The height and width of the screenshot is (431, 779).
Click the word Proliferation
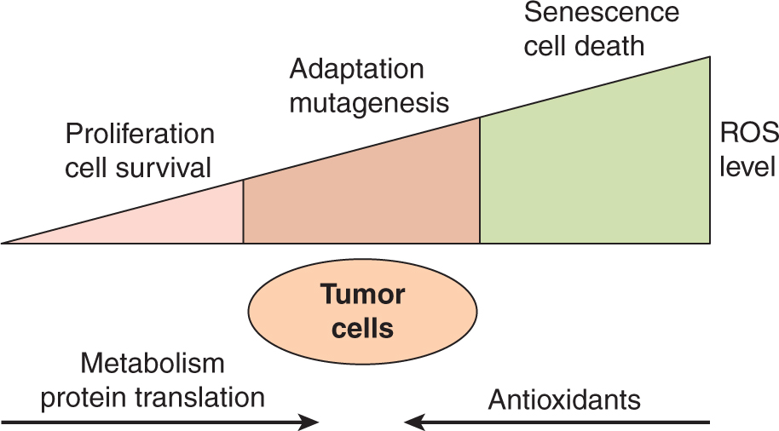coord(140,135)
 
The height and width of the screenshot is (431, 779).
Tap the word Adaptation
coord(356,69)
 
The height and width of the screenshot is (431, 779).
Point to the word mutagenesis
coord(369,103)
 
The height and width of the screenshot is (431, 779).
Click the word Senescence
coord(601,13)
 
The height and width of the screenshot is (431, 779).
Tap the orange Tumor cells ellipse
coord(362,311)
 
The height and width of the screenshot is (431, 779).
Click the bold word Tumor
coord(362,295)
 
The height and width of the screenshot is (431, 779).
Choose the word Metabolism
coord(153,364)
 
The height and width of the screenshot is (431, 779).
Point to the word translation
coord(203,397)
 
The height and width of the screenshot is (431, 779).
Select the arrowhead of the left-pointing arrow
coord(413,421)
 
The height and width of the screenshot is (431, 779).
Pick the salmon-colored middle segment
coord(362,196)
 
